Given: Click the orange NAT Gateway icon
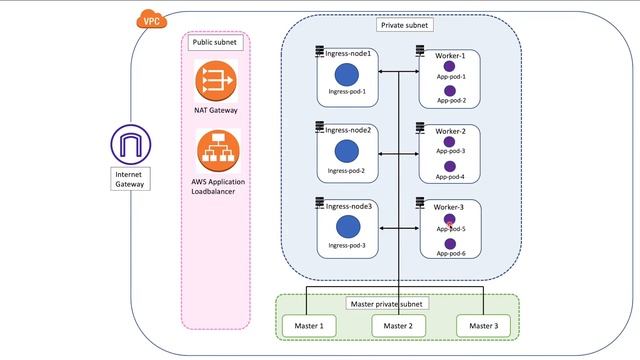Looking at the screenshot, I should pos(216,79).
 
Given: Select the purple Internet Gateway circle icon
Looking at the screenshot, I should pos(128,145).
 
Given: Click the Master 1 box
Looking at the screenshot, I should pos(308,326).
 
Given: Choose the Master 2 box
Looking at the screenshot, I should pos(397,326).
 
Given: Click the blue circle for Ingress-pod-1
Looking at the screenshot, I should pos(347,74).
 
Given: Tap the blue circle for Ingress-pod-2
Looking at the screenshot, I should pos(347,152).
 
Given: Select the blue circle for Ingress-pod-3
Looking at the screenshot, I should pos(347,226).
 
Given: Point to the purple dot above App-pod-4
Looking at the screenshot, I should pos(450,166).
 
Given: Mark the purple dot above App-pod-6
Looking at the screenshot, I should pos(450,243).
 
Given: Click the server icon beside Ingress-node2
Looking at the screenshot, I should pos(319,127).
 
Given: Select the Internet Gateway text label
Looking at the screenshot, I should pos(128,179).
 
